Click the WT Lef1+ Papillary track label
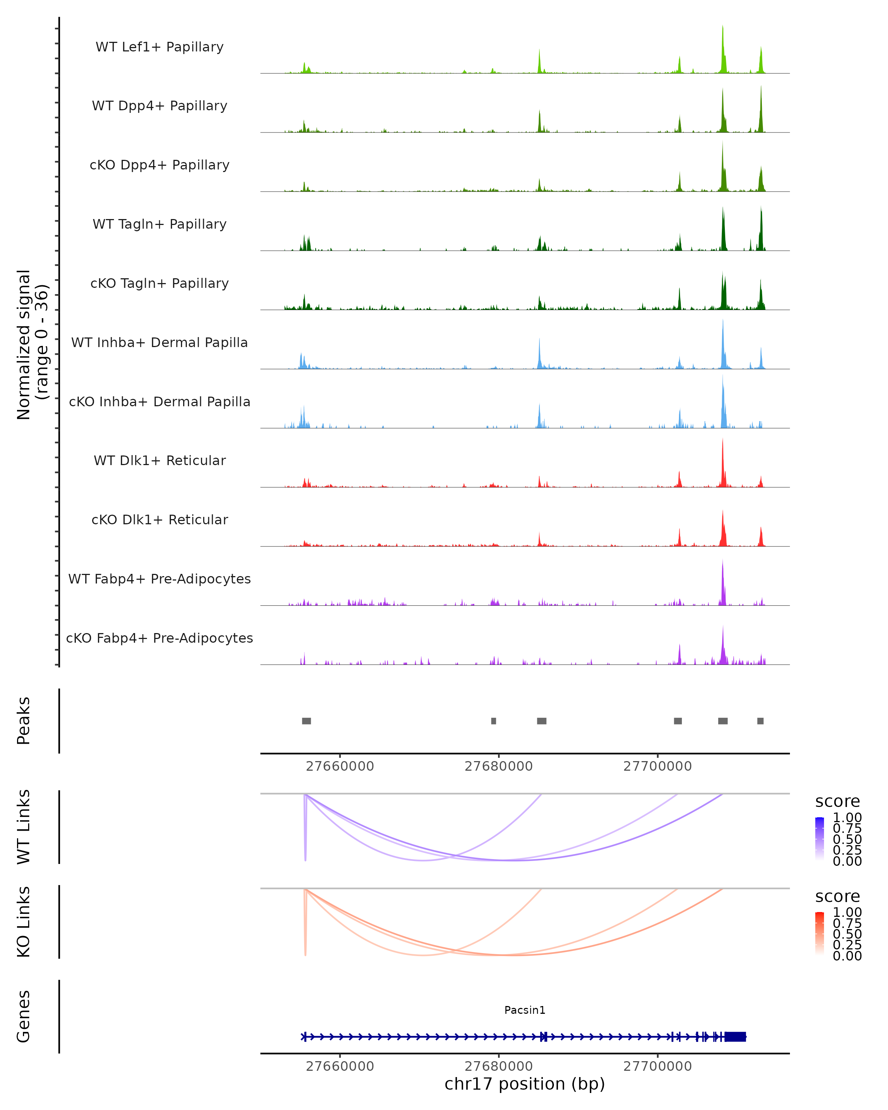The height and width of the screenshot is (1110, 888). [x=159, y=47]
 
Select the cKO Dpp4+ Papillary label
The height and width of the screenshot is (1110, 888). [x=159, y=165]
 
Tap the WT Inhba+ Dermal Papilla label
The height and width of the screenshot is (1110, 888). [x=159, y=342]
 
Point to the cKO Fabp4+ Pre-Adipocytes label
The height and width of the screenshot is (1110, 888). [x=159, y=638]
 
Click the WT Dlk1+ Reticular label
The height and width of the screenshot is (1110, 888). [x=159, y=460]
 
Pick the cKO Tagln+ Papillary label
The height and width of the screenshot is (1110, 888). [x=159, y=283]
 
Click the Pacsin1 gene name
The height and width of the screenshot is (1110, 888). [x=525, y=1010]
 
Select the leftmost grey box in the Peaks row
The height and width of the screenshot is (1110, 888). [x=306, y=721]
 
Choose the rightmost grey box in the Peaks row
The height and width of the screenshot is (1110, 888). [x=760, y=721]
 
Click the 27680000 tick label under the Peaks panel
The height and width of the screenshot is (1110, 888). [x=498, y=766]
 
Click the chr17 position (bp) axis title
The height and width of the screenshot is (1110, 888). [x=525, y=1084]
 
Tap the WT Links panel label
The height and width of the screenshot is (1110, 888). [x=24, y=827]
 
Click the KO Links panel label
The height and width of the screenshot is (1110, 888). [x=24, y=922]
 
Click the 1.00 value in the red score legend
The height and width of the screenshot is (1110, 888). [x=847, y=912]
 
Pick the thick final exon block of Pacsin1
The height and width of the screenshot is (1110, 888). [x=735, y=1036]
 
